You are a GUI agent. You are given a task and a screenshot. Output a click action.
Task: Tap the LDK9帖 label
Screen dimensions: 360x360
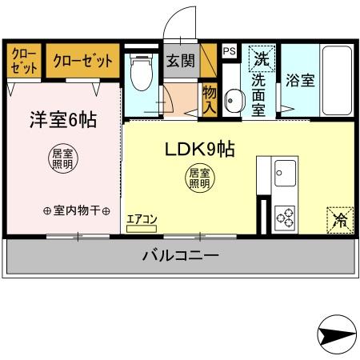coord(199,150)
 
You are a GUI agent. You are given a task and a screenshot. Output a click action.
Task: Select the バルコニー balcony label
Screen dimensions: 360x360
coord(181,257)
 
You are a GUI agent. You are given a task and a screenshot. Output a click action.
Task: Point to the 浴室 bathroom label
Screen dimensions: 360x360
coord(298,81)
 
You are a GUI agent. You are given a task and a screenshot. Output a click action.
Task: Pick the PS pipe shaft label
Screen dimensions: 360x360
coord(230,51)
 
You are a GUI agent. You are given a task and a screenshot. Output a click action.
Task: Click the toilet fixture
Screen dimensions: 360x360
coord(142,74)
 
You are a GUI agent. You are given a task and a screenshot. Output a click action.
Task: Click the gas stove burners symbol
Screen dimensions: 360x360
coord(285,216)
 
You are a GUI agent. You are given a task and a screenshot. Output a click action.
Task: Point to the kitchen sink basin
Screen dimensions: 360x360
coord(285,172)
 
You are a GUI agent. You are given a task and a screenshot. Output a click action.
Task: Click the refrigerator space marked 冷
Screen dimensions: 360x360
coord(340,219)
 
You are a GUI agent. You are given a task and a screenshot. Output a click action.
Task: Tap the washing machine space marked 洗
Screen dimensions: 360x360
coord(261,58)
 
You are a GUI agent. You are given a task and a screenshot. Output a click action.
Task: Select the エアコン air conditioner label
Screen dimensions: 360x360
coord(142,218)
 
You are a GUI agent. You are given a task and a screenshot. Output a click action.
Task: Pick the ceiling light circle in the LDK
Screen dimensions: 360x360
coord(199,178)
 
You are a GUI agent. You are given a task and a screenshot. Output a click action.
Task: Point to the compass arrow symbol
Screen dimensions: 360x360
coord(336,337)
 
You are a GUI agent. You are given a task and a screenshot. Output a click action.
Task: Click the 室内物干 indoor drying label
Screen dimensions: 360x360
coord(76,210)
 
